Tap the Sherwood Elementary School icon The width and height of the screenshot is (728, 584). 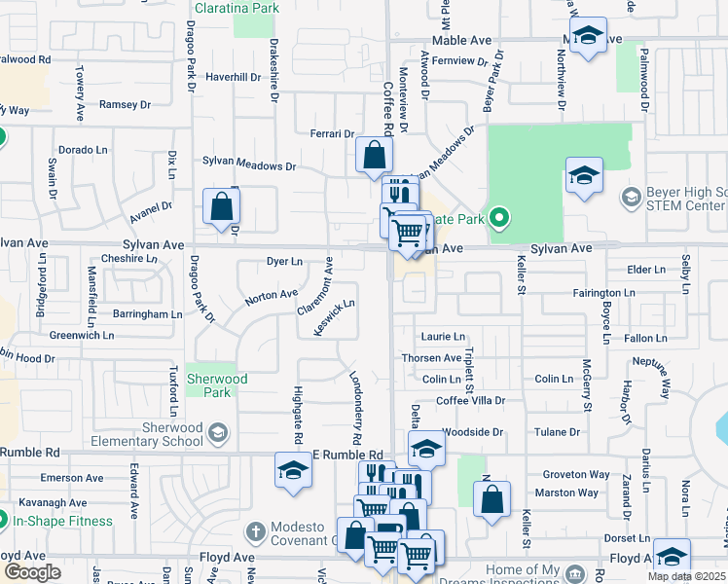click(218, 432)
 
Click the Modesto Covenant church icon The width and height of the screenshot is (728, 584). click(255, 532)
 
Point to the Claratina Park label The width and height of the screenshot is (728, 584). click(237, 8)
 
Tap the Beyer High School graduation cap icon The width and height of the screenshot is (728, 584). click(631, 199)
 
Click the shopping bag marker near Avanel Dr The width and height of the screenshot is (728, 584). click(222, 206)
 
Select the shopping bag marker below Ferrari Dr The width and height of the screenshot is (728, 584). click(374, 155)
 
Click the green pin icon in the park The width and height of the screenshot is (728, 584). click(499, 217)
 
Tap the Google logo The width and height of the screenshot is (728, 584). click(32, 571)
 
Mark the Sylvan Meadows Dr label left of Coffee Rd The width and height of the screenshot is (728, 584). click(248, 166)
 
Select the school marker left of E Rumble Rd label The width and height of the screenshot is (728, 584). click(292, 470)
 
